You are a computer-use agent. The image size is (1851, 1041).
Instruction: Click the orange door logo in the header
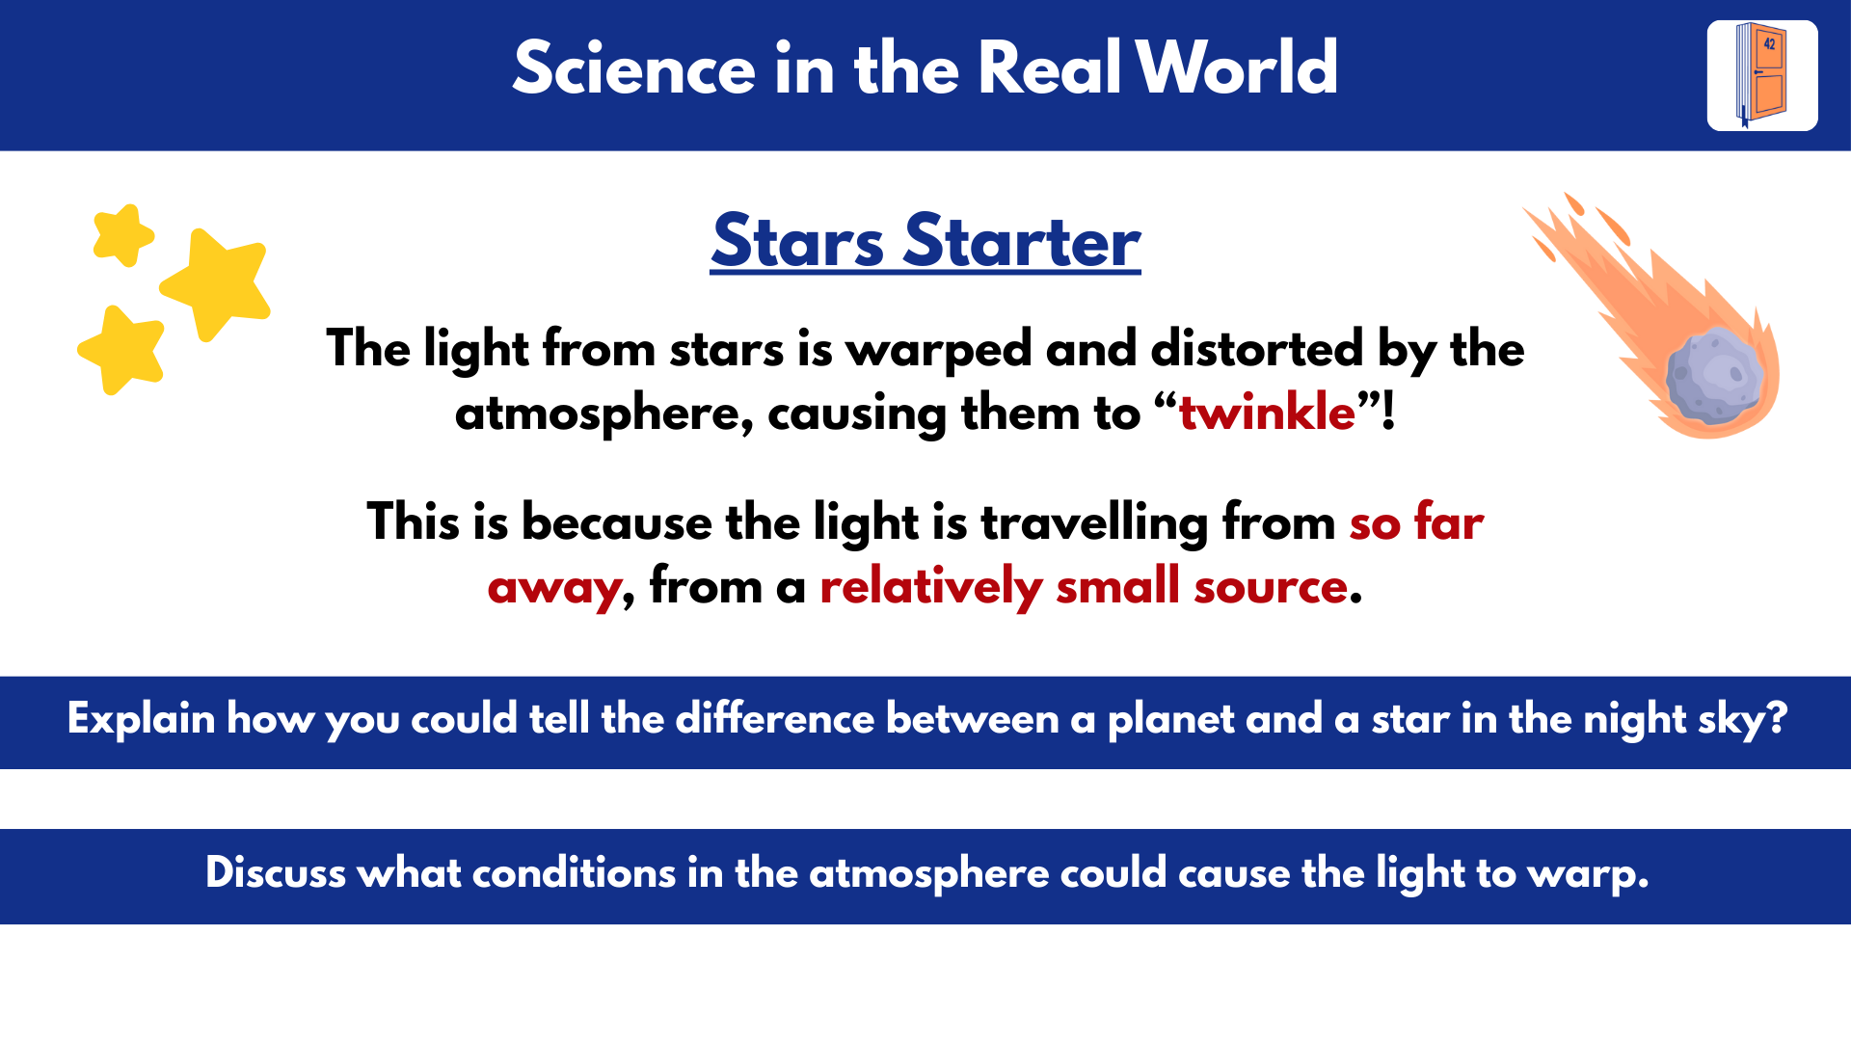(x=1762, y=75)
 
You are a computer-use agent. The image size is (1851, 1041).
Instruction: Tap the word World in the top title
(x=1237, y=69)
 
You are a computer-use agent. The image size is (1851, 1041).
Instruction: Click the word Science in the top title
(x=633, y=69)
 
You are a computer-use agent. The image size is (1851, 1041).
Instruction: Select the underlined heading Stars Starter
(x=925, y=241)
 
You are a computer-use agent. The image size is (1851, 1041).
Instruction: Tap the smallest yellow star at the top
(x=123, y=234)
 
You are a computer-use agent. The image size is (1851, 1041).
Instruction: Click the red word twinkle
(x=1267, y=413)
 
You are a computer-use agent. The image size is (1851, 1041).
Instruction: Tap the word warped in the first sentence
(x=939, y=350)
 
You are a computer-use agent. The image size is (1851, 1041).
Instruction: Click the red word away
(x=555, y=587)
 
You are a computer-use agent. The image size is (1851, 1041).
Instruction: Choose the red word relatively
(x=930, y=587)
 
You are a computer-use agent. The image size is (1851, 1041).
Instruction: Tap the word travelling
(x=1094, y=523)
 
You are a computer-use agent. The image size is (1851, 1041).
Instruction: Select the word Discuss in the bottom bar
(x=275, y=873)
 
